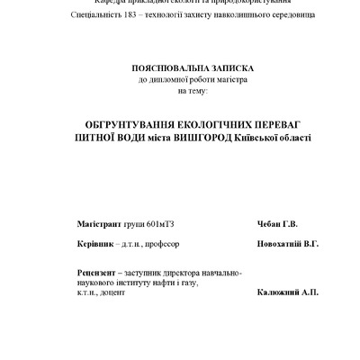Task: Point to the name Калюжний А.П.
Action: pos(286,292)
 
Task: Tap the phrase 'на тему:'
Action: pos(192,91)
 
